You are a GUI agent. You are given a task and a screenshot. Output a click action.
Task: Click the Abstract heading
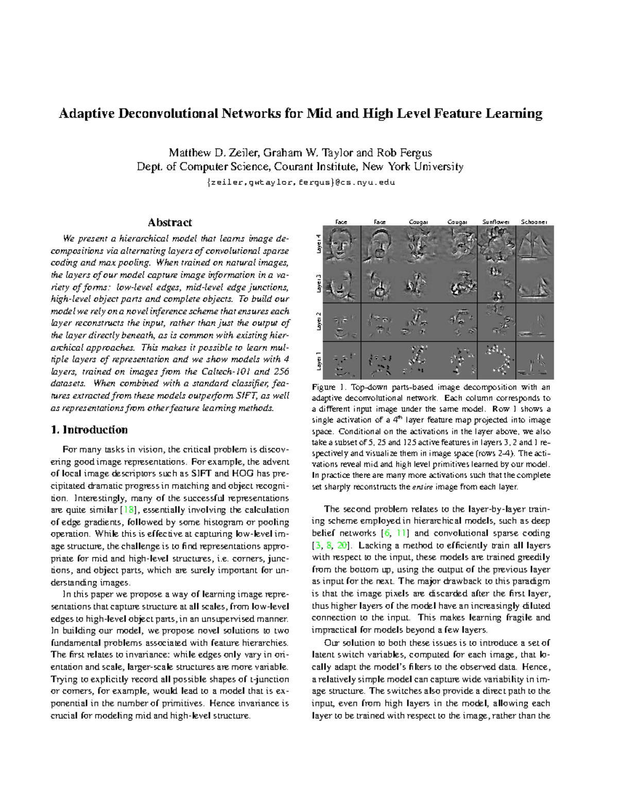point(170,223)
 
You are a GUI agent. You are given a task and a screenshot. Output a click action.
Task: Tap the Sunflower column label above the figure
point(495,222)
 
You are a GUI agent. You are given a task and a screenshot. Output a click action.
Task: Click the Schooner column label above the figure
point(534,222)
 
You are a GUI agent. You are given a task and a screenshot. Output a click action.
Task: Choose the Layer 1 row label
point(318,361)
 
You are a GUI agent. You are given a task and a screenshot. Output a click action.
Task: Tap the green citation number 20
point(342,545)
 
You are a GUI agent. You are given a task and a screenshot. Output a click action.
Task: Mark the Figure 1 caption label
point(327,387)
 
